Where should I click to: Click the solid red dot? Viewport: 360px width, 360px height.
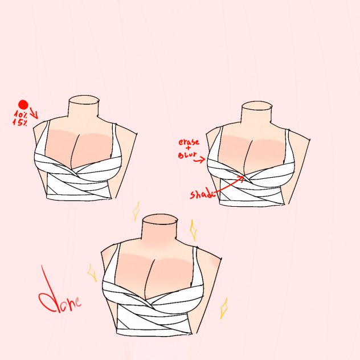pos(23,104)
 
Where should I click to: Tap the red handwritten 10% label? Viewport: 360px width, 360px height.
pos(20,114)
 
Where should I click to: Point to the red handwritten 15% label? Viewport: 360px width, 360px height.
pos(20,122)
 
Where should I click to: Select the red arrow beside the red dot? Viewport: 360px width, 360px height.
pos(34,113)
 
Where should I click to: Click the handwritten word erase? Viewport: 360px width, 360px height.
pos(189,141)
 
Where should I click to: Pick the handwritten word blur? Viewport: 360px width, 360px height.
pos(187,154)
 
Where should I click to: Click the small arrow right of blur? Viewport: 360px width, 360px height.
pos(199,161)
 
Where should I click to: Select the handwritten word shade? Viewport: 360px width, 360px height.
pos(202,195)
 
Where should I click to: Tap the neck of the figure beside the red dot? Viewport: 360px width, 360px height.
pos(84,108)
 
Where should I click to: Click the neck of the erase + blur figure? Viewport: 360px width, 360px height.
pos(258,114)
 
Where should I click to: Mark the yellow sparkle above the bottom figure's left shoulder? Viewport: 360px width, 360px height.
pos(136,212)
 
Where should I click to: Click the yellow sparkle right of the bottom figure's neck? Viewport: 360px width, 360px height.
pos(193,230)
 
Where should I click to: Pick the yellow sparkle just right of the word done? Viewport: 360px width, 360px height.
pos(92,273)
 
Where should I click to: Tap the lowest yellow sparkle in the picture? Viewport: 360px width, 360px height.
pos(224,308)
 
